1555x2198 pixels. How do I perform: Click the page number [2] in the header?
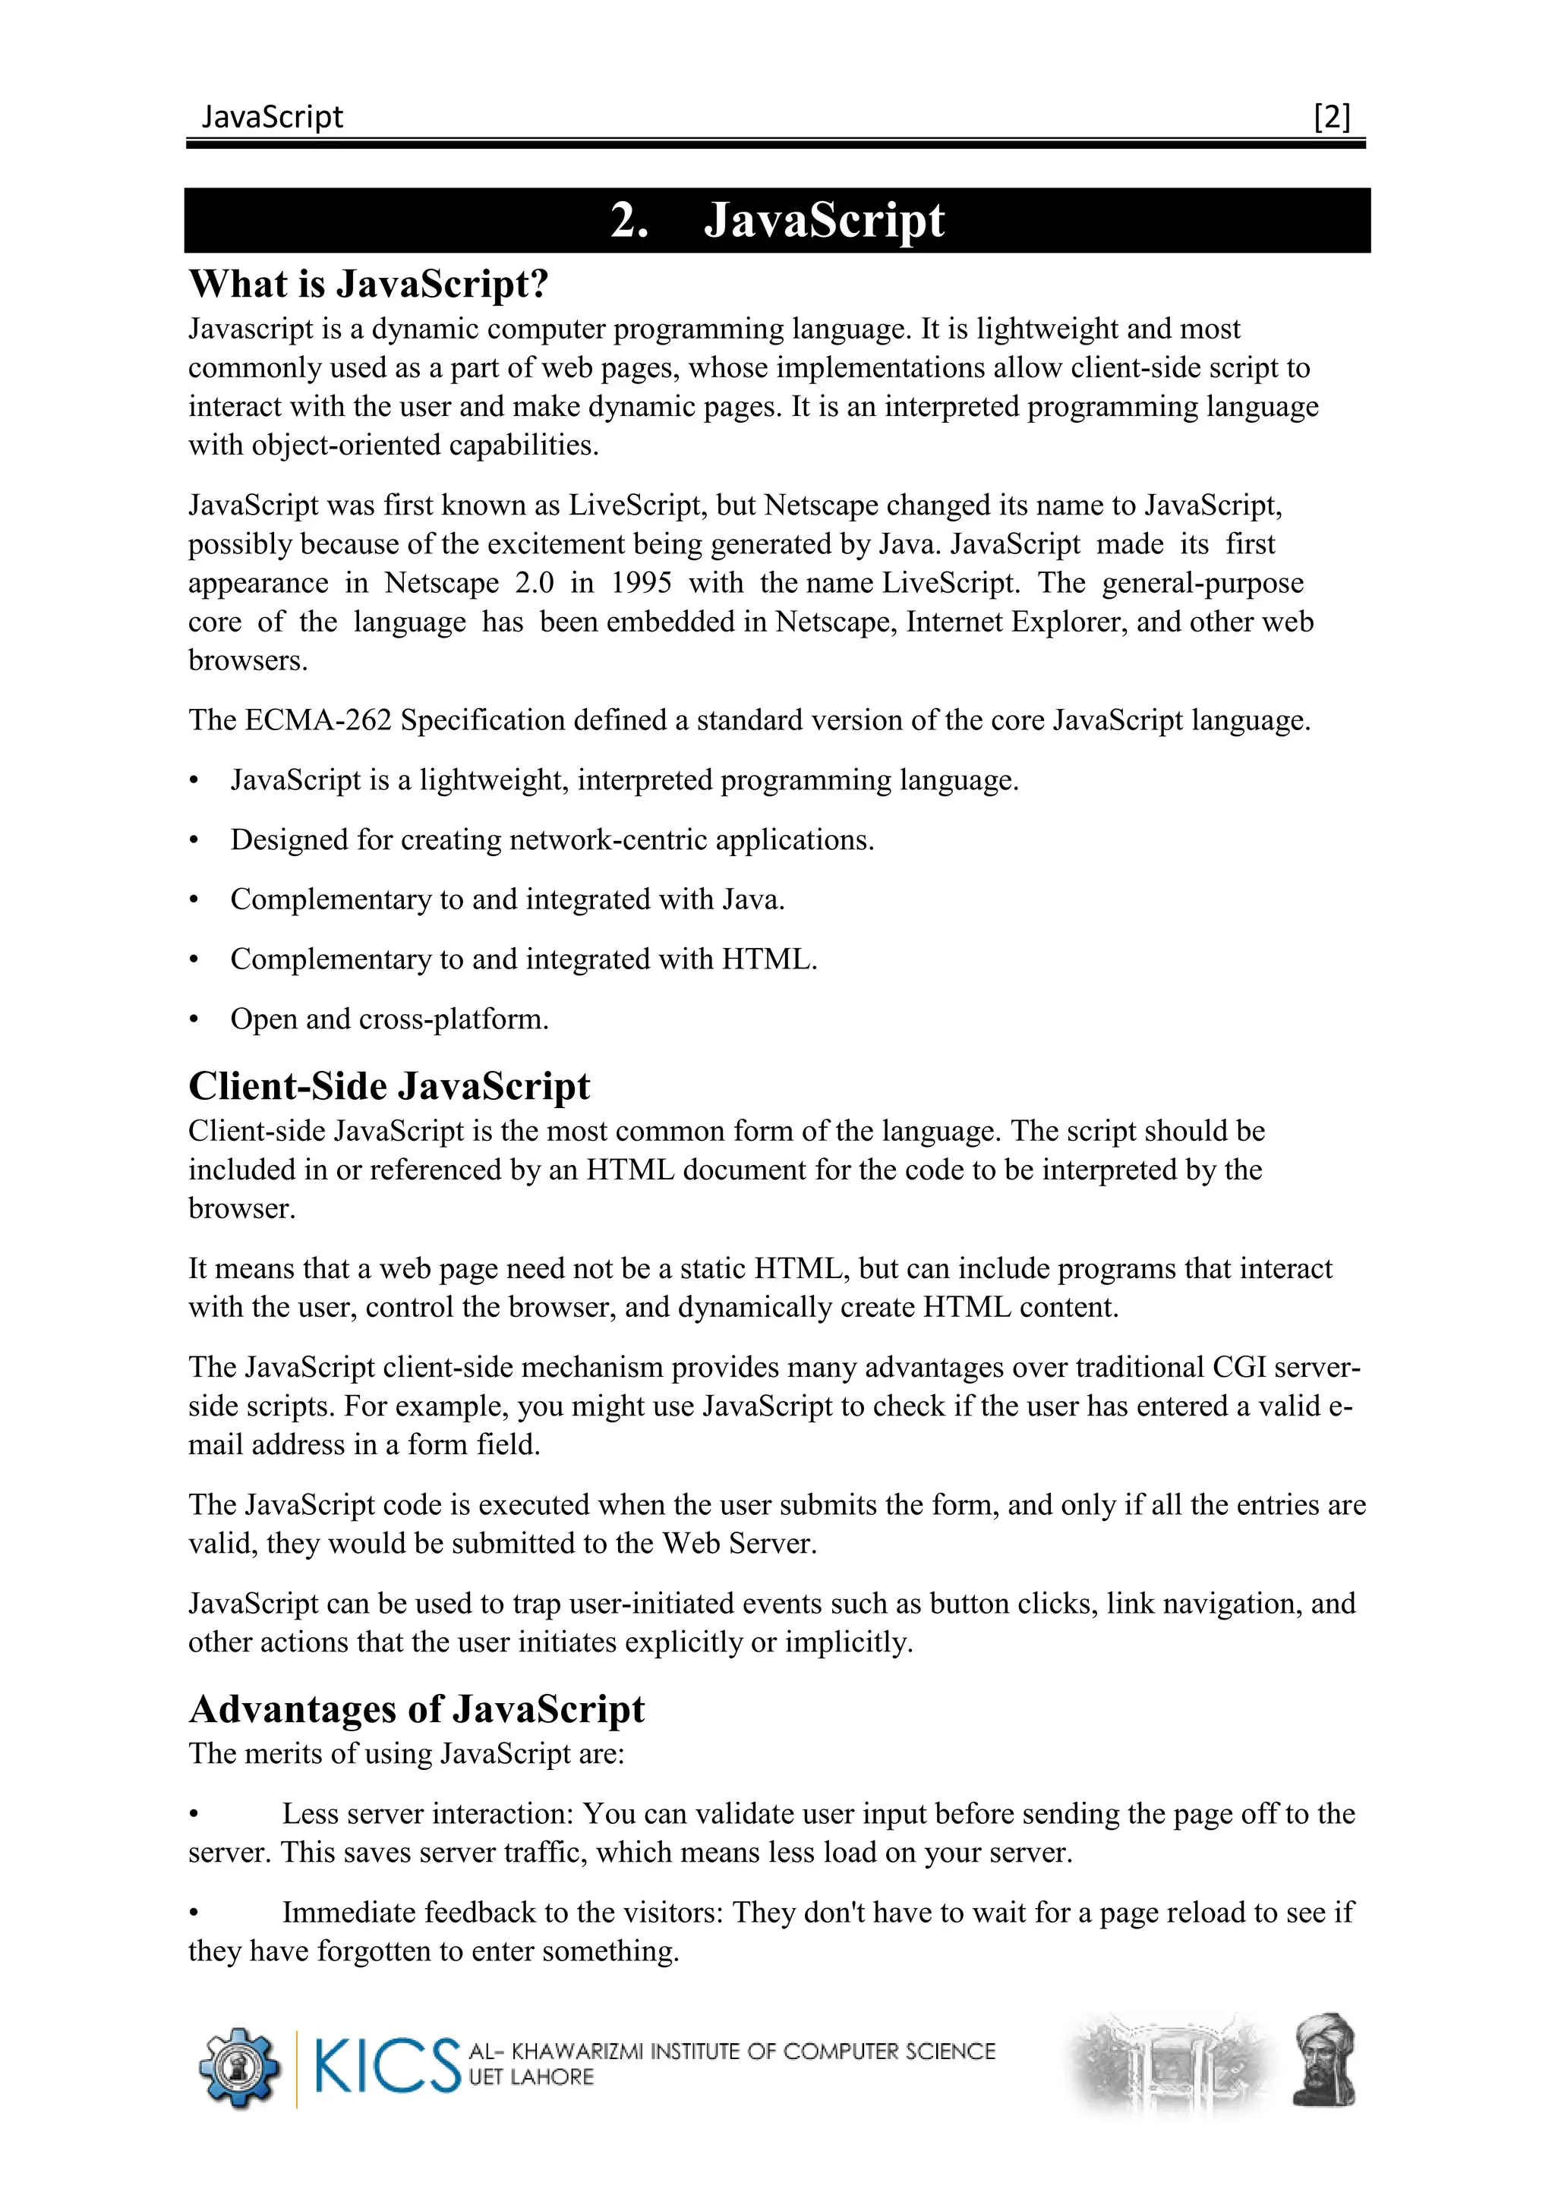tap(1332, 117)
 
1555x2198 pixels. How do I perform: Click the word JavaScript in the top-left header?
tap(272, 117)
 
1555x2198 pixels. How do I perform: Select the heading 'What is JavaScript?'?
tap(369, 285)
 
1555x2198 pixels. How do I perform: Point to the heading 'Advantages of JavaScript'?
tap(417, 1710)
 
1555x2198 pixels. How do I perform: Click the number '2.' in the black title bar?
tap(630, 221)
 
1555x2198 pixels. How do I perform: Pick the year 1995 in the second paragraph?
tap(641, 583)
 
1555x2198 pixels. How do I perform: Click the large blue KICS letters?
tap(386, 2067)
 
